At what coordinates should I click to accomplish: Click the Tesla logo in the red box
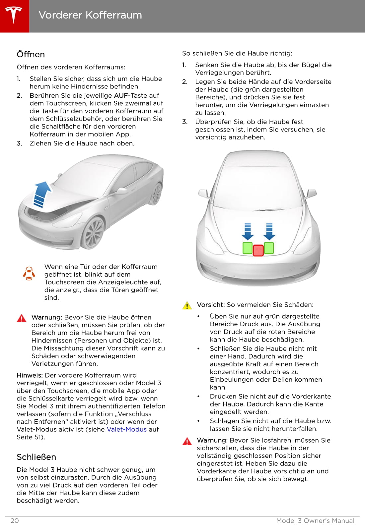coord(14,15)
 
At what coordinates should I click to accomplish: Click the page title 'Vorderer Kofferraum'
coord(90,15)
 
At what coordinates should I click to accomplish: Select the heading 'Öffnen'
coord(31,54)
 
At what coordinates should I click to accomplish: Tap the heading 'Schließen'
coord(36,457)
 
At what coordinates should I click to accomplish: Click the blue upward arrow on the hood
coord(41,194)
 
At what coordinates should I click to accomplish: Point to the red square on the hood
coord(258,250)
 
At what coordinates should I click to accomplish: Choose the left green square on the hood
coord(248,248)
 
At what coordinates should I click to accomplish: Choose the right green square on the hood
coord(269,248)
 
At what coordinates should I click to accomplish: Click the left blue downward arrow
coord(248,231)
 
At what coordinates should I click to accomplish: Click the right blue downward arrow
coord(269,231)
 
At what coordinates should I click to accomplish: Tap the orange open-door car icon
coord(29,274)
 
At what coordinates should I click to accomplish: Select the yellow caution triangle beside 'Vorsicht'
coord(187,305)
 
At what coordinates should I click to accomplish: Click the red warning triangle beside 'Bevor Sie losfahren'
coord(187,441)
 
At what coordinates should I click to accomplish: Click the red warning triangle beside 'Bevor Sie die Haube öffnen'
coord(22,318)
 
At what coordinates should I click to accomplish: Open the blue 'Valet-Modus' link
coord(126,429)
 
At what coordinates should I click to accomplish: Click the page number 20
coord(15,520)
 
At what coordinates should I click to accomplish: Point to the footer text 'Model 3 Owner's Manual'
coord(315,520)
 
